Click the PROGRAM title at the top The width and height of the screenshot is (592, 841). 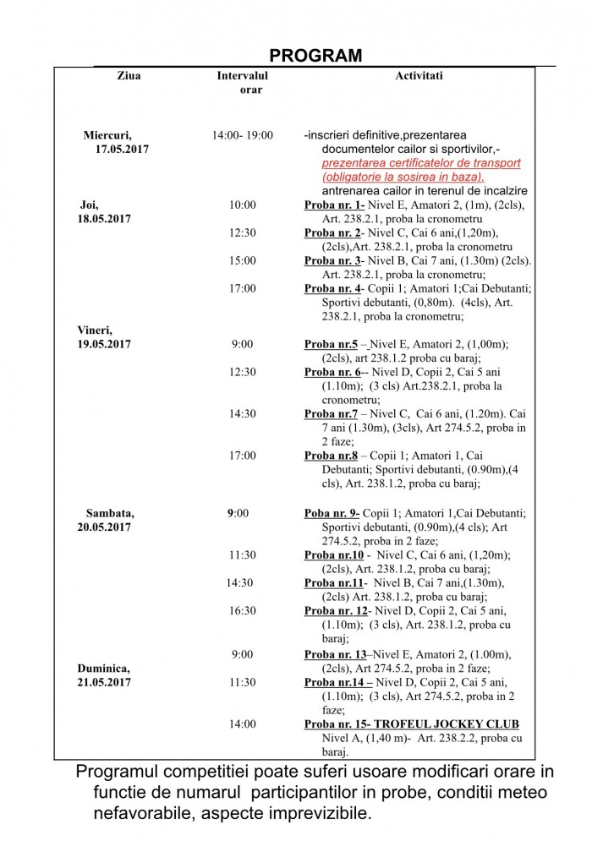(315, 56)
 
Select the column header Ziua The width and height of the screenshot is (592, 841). (129, 76)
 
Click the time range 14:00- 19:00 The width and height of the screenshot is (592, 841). (242, 135)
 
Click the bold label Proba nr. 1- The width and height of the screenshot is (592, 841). (334, 205)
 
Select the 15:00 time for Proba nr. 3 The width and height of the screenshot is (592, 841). (242, 260)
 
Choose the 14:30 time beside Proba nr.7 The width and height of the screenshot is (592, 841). (242, 414)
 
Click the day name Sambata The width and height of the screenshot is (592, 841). (110, 512)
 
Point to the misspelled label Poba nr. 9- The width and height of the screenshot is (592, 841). (332, 512)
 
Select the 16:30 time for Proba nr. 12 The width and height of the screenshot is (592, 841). (242, 609)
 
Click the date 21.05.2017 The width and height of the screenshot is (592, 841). (105, 681)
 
